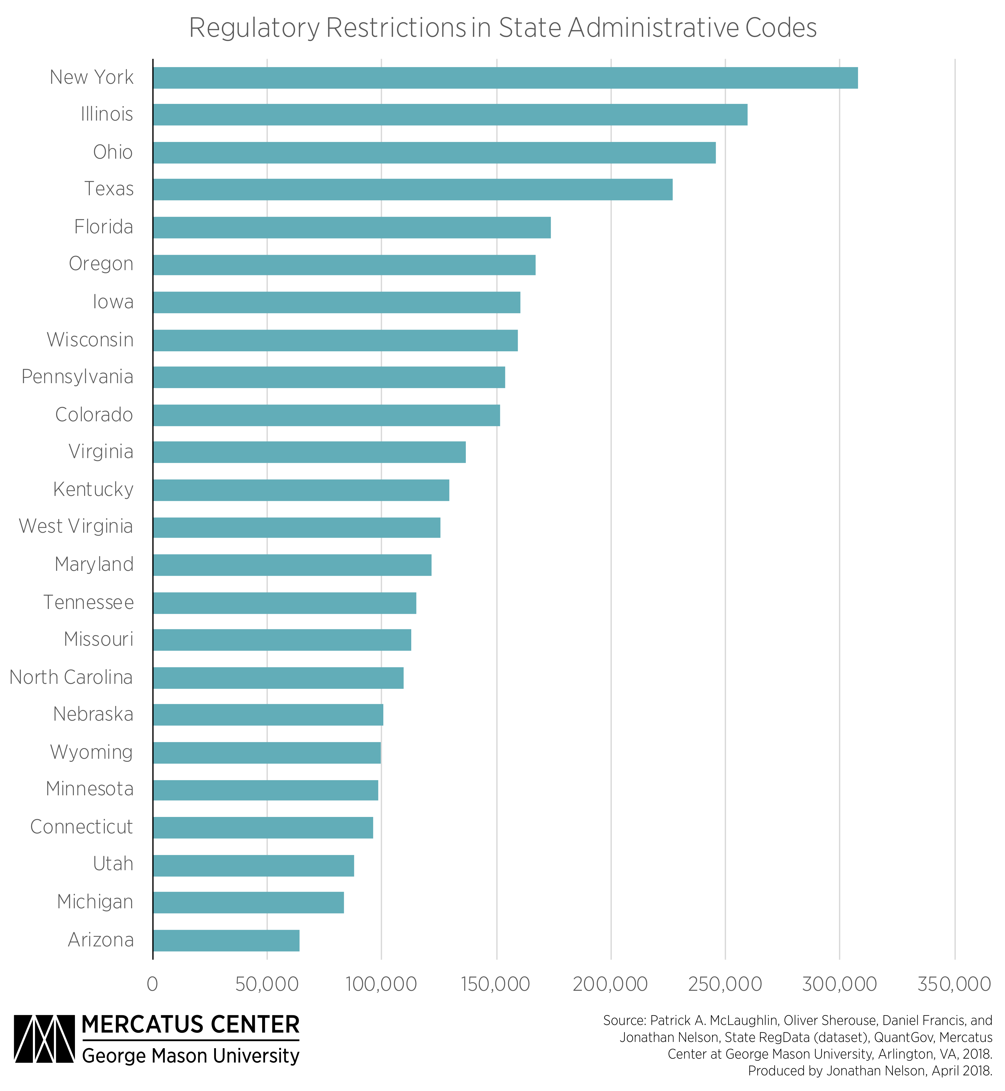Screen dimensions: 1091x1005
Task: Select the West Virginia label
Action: [x=76, y=526]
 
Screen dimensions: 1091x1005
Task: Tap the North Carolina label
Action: [x=71, y=677]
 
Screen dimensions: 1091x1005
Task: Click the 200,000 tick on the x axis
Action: [x=610, y=984]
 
